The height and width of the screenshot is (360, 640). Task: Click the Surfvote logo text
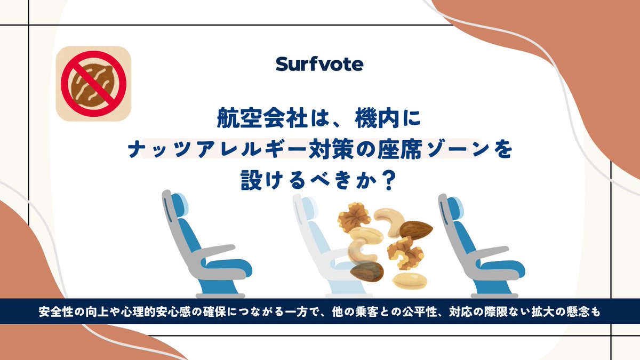pyautogui.click(x=319, y=65)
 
